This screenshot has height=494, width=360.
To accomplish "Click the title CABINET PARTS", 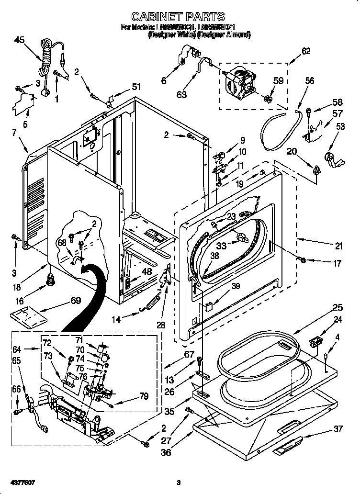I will point(178,18).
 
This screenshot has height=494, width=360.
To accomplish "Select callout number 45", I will point(19,40).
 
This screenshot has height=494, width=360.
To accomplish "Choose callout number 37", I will point(338,429).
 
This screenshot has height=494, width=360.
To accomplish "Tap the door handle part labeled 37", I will point(287,445).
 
